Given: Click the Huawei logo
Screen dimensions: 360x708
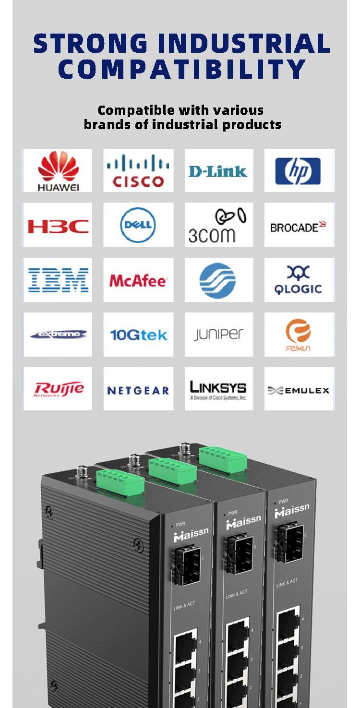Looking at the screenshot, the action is click(x=58, y=170).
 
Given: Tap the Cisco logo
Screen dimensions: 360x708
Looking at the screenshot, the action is click(x=138, y=170).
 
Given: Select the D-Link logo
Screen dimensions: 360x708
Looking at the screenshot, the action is click(x=218, y=171).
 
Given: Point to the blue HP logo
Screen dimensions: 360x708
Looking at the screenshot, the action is click(x=298, y=171).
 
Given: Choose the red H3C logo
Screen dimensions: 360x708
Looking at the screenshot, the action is click(x=58, y=226).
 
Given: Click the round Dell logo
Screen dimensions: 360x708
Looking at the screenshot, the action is click(x=138, y=225).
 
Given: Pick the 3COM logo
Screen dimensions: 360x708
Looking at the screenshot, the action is click(x=218, y=226).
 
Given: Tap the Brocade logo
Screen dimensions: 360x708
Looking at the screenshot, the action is click(x=298, y=227).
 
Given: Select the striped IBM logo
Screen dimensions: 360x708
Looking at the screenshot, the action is click(x=58, y=280).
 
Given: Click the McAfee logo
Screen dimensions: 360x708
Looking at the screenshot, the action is click(x=138, y=281).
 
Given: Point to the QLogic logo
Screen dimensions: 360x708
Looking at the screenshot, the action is click(x=298, y=280).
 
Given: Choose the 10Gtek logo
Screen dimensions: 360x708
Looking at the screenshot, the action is click(x=138, y=335).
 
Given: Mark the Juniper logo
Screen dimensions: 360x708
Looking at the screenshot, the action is click(x=218, y=335).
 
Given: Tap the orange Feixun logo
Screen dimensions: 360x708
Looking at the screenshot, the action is click(x=298, y=335).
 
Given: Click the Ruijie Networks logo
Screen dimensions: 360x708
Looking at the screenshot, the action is click(x=58, y=389).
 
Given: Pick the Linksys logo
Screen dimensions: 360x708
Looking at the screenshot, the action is click(x=218, y=389).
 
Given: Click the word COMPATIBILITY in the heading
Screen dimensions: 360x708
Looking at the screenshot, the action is click(x=182, y=69).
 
